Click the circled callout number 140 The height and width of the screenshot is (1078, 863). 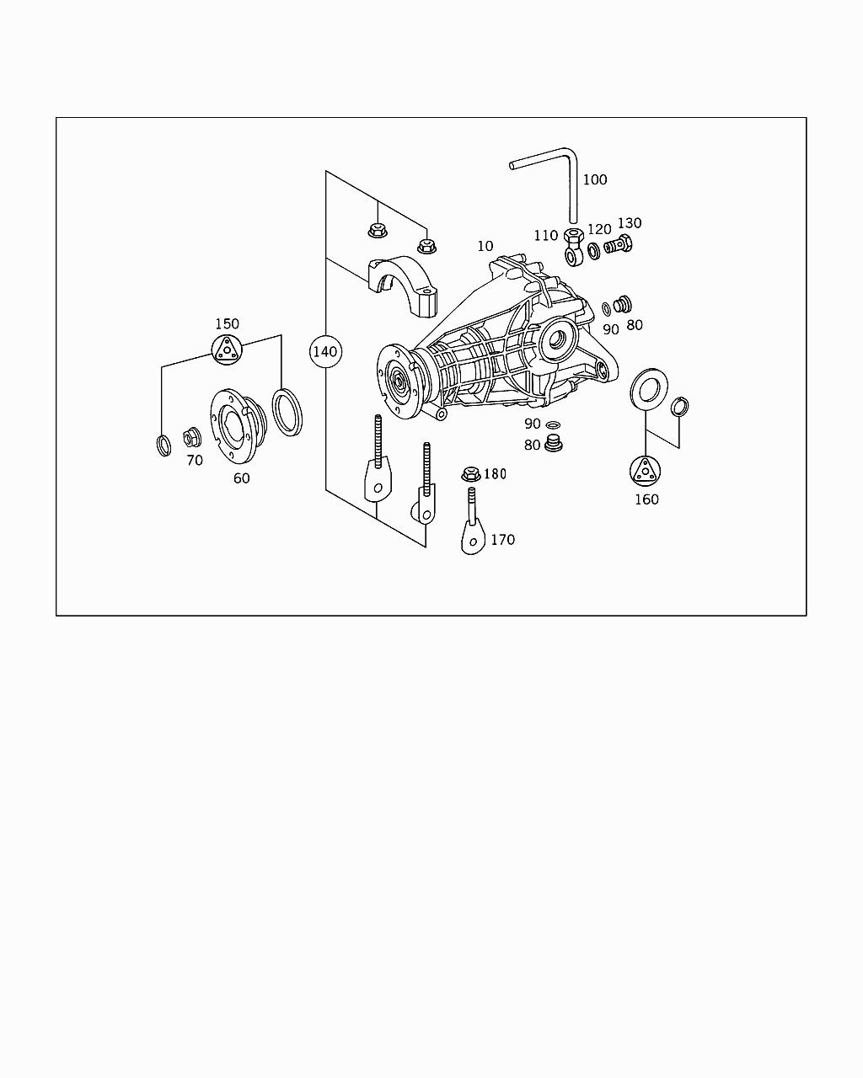coord(325,351)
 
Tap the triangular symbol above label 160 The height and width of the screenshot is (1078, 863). coord(646,471)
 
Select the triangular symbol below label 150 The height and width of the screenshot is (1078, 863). coord(226,350)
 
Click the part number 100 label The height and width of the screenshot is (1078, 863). coord(594,179)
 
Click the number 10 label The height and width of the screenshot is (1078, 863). coord(485,246)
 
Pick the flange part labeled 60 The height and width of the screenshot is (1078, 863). coord(237,424)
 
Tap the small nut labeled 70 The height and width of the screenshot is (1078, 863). coord(190,437)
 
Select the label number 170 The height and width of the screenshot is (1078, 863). coord(502,540)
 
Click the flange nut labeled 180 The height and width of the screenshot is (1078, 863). coord(470,475)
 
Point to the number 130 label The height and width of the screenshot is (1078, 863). coord(630,223)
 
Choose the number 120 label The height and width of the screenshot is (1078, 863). coord(599,230)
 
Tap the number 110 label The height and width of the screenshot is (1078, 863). coord(545,236)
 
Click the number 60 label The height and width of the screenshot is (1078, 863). coord(241,478)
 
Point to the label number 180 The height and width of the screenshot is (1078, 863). coord(495,474)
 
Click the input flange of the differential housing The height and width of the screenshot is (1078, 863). coord(395,381)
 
